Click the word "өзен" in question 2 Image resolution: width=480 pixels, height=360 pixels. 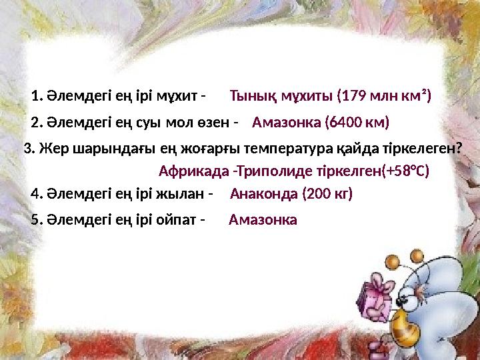tap(212, 123)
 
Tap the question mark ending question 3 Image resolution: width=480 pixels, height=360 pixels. tap(459, 148)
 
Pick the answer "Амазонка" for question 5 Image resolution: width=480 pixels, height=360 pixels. tap(263, 220)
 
